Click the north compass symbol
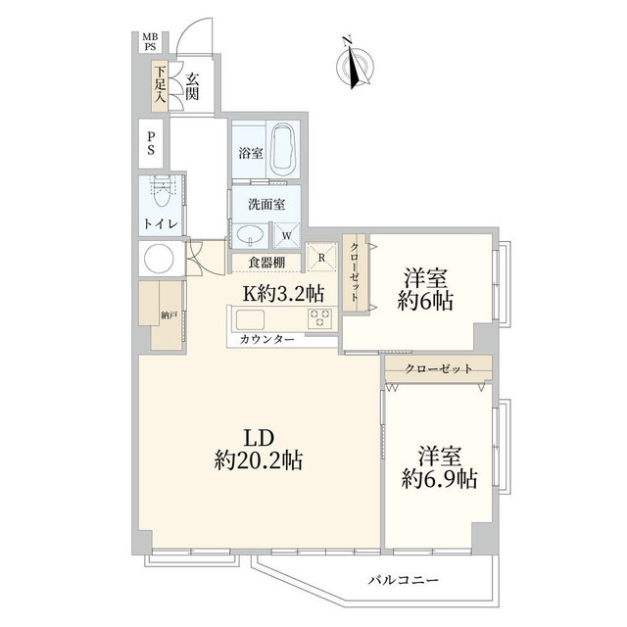(356, 64)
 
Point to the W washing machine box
(286, 235)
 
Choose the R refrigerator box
(321, 258)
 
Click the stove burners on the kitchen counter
(319, 318)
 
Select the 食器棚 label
(266, 263)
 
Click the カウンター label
(267, 340)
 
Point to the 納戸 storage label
(169, 315)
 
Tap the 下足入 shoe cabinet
(160, 86)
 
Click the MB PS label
(150, 41)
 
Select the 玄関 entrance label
(192, 87)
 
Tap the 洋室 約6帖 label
(425, 290)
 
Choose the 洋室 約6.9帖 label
(440, 467)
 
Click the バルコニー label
(403, 580)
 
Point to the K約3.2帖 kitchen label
(283, 294)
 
